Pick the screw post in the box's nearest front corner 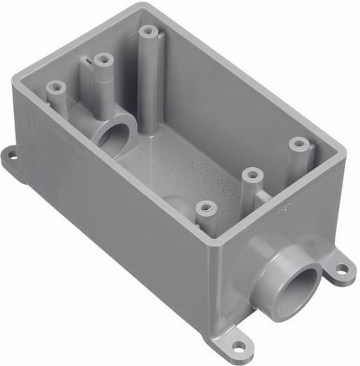point(205,208)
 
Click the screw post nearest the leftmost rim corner point(54,88)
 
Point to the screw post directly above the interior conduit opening point(103,61)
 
